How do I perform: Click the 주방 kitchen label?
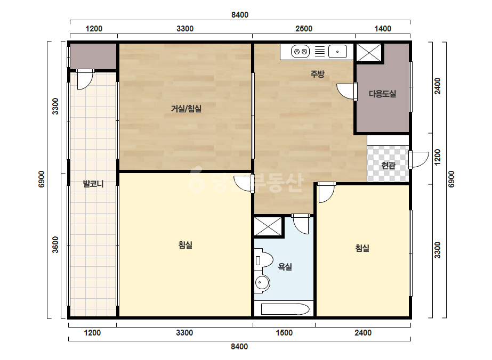point(317,74)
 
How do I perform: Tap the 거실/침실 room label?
point(186,109)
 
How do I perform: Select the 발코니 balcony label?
point(93,184)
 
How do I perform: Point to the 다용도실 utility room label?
point(382,94)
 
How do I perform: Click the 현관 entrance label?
point(388,165)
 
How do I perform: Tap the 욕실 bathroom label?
point(285,267)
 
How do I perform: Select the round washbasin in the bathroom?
point(262,283)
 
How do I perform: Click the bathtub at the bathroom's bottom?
point(285,309)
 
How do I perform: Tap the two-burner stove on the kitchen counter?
point(300,52)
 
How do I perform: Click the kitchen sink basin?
point(337,52)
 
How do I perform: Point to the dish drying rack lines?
point(319,52)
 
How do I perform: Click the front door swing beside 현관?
point(419,160)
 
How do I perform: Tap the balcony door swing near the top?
point(85,80)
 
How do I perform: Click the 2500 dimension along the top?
point(304,29)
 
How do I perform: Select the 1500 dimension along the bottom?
point(284,333)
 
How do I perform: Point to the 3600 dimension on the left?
point(55,245)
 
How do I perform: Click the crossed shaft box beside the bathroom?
point(268,226)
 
